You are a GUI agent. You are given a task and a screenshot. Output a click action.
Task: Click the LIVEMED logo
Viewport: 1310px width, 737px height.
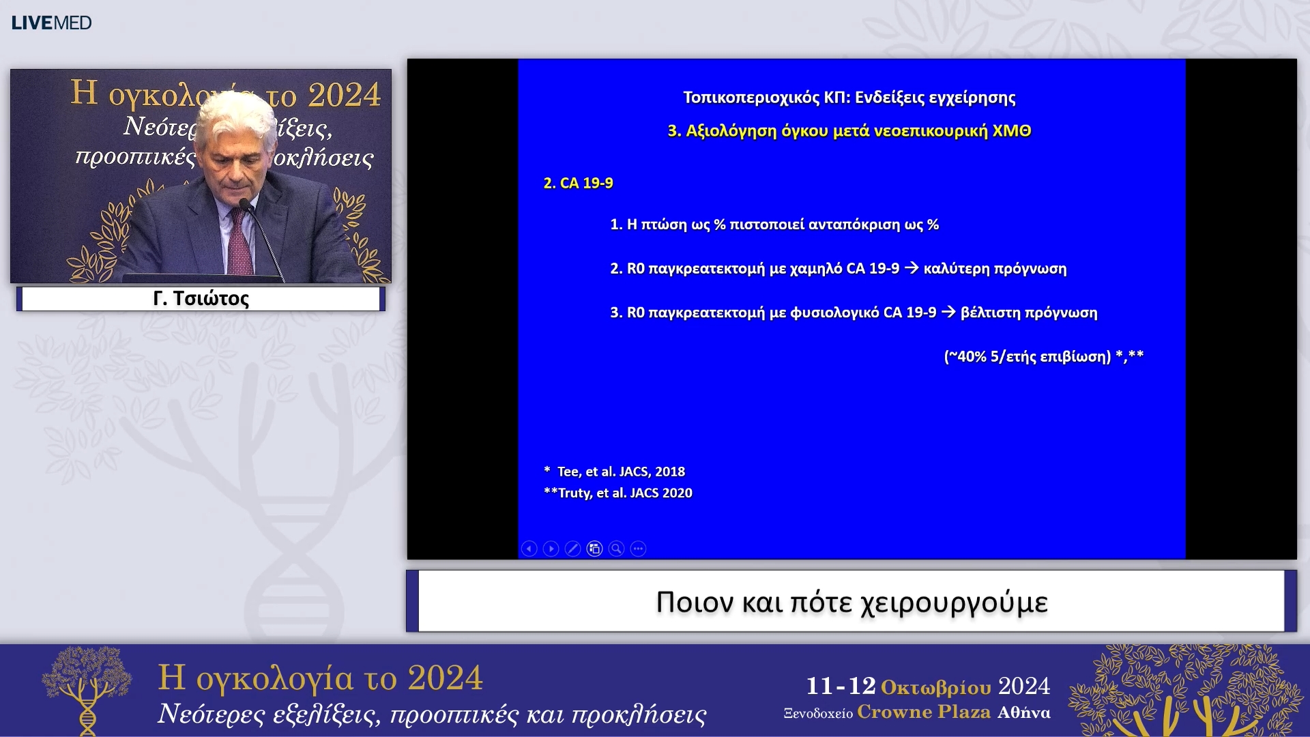(x=51, y=23)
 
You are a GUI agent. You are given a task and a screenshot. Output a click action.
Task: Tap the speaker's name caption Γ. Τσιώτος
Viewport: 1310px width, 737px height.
(x=201, y=298)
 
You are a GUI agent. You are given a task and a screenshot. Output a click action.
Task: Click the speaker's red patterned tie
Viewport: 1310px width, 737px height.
(x=239, y=246)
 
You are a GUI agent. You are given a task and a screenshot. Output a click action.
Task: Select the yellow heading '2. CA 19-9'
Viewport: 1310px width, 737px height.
(x=578, y=183)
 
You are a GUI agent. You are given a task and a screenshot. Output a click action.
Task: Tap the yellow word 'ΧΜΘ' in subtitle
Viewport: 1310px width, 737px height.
(x=1011, y=130)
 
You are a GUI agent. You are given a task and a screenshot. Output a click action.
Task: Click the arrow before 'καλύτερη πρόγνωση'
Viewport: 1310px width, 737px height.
(x=911, y=268)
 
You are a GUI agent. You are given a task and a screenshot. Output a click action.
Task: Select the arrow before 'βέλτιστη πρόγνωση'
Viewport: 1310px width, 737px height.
(x=948, y=312)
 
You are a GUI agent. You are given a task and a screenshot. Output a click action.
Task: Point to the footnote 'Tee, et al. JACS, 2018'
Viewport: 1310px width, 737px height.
(x=621, y=472)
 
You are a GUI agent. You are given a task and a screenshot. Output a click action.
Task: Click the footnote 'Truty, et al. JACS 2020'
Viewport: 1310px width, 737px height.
(x=624, y=493)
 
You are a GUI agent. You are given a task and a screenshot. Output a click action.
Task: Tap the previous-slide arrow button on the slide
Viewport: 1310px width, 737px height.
(x=529, y=549)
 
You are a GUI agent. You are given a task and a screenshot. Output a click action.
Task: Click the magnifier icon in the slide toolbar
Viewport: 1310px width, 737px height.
(x=616, y=549)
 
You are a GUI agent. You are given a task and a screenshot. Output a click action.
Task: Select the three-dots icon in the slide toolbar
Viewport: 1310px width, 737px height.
(x=638, y=549)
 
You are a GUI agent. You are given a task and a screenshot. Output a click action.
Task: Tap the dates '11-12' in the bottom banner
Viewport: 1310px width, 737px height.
(x=841, y=686)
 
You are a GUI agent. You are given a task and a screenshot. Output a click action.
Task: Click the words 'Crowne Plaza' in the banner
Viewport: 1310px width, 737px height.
(x=923, y=712)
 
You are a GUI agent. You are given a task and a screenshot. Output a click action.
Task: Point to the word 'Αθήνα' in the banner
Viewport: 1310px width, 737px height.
(x=1023, y=712)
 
